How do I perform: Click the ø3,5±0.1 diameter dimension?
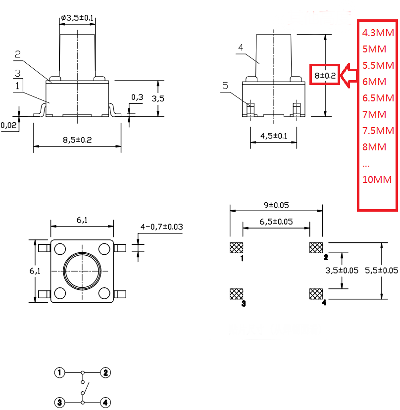(x=77, y=18)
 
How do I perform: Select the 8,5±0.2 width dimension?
(x=77, y=140)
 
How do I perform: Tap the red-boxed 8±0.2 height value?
(x=325, y=76)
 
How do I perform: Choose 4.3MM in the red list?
(x=378, y=33)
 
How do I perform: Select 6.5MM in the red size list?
(x=377, y=97)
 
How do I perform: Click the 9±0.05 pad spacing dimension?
(x=276, y=203)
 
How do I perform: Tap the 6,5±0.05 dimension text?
(x=276, y=222)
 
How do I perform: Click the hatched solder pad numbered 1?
(x=237, y=248)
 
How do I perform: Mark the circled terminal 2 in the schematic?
(x=105, y=373)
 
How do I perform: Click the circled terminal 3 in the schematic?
(x=59, y=403)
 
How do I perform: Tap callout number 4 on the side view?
(x=240, y=47)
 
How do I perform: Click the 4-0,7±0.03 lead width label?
(x=161, y=227)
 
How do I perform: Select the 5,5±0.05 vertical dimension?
(x=381, y=270)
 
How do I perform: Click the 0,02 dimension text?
(x=8, y=126)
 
